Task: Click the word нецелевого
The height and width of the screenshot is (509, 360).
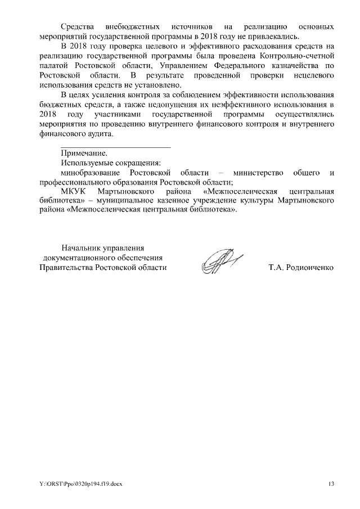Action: pyautogui.click(x=312, y=75)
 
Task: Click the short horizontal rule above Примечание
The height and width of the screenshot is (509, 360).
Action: pyautogui.click(x=115, y=147)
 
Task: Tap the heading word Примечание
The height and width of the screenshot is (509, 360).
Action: pyautogui.click(x=84, y=153)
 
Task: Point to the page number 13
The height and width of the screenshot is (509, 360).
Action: pyautogui.click(x=331, y=484)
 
